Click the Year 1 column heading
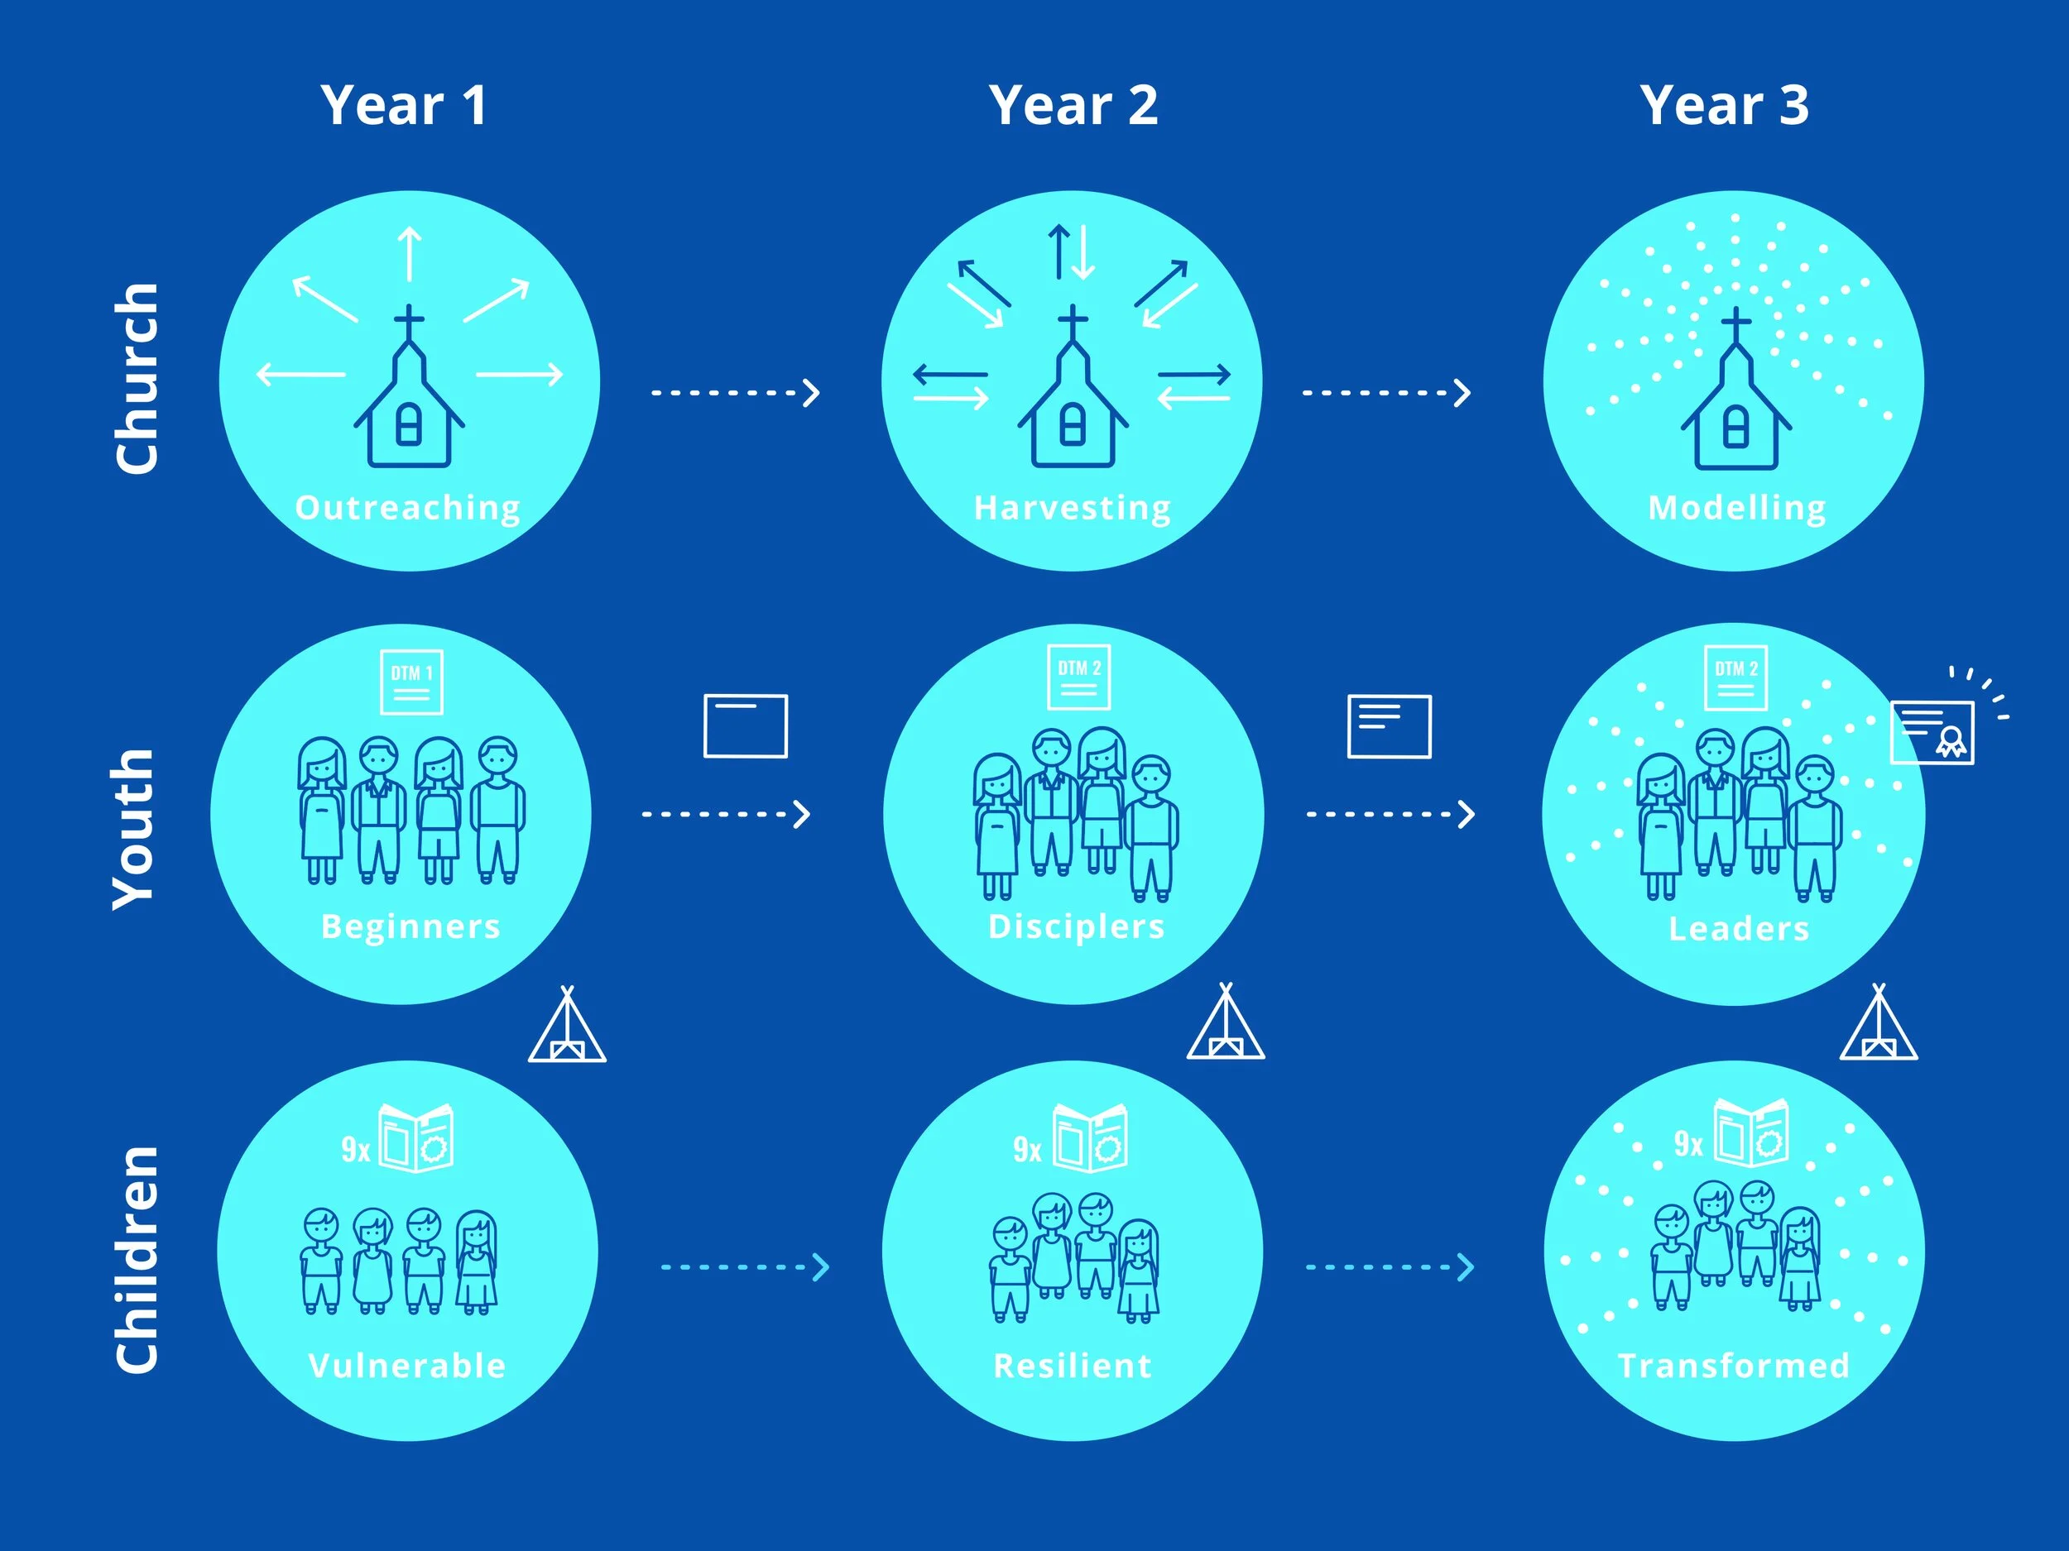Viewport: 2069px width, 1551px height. pos(403,105)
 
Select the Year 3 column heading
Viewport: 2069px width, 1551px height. pos(1724,105)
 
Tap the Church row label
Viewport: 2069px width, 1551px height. pos(137,379)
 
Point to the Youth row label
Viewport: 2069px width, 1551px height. pos(132,829)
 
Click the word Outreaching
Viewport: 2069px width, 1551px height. pos(408,508)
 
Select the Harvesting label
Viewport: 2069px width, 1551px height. pos(1072,508)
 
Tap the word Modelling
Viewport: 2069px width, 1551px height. pos(1737,508)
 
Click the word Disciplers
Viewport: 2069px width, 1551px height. pos(1077,926)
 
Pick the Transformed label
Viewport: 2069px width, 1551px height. pos(1733,1365)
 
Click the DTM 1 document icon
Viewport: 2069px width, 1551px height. pos(411,682)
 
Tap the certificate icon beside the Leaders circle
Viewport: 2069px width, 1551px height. pos(1932,732)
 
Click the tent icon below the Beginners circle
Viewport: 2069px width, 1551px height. pos(567,1025)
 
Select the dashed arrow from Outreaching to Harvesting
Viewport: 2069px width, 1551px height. pos(735,393)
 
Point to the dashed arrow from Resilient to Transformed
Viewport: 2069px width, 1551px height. pos(1390,1266)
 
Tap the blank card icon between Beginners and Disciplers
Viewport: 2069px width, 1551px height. pos(746,725)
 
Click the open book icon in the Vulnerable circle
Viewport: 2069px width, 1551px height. pos(416,1137)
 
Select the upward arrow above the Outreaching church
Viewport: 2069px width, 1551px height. pos(410,253)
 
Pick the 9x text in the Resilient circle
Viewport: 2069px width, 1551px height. pos(1027,1149)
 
